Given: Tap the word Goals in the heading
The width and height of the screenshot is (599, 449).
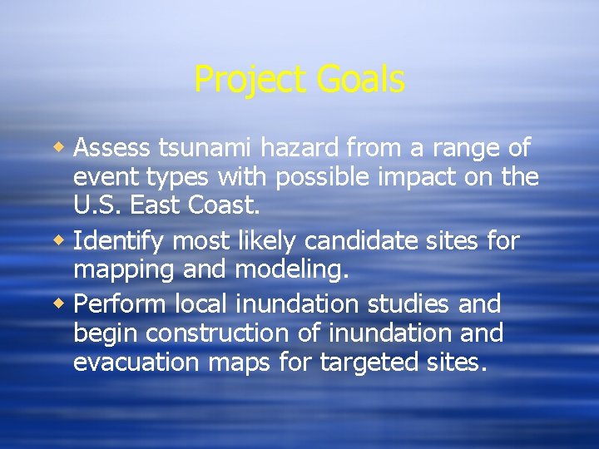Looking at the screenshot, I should (x=360, y=81).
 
